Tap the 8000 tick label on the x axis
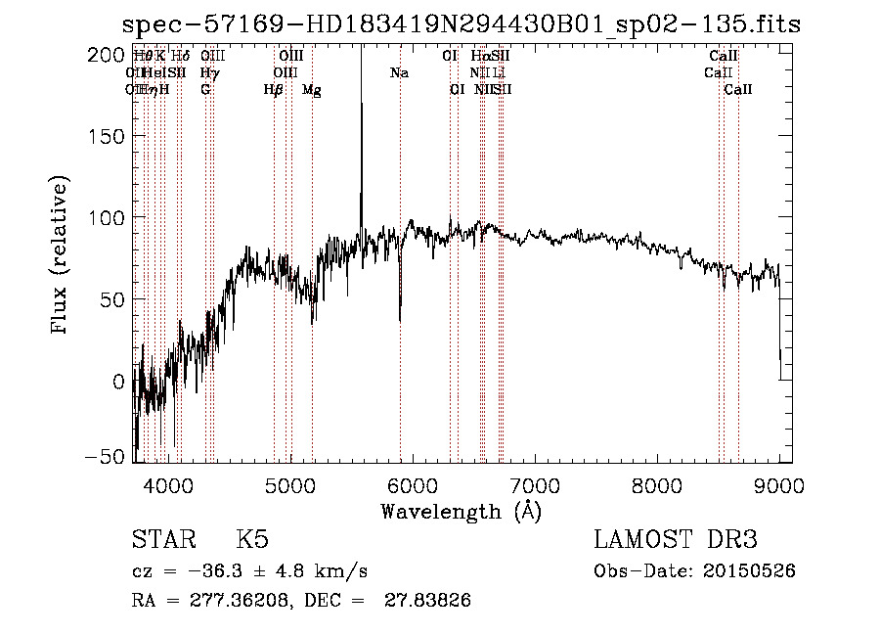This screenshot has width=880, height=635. click(x=657, y=483)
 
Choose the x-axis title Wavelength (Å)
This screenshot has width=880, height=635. click(x=461, y=511)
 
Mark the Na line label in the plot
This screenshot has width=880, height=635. click(x=399, y=72)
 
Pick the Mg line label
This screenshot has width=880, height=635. click(x=312, y=90)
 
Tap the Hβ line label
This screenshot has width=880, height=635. click(x=274, y=90)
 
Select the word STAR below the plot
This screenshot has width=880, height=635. click(x=162, y=540)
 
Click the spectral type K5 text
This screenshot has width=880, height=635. click(x=252, y=540)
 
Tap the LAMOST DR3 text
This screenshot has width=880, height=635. click(x=676, y=540)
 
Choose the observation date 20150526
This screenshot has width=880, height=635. click(x=746, y=570)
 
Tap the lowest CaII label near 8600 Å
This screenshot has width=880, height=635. click(x=738, y=90)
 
